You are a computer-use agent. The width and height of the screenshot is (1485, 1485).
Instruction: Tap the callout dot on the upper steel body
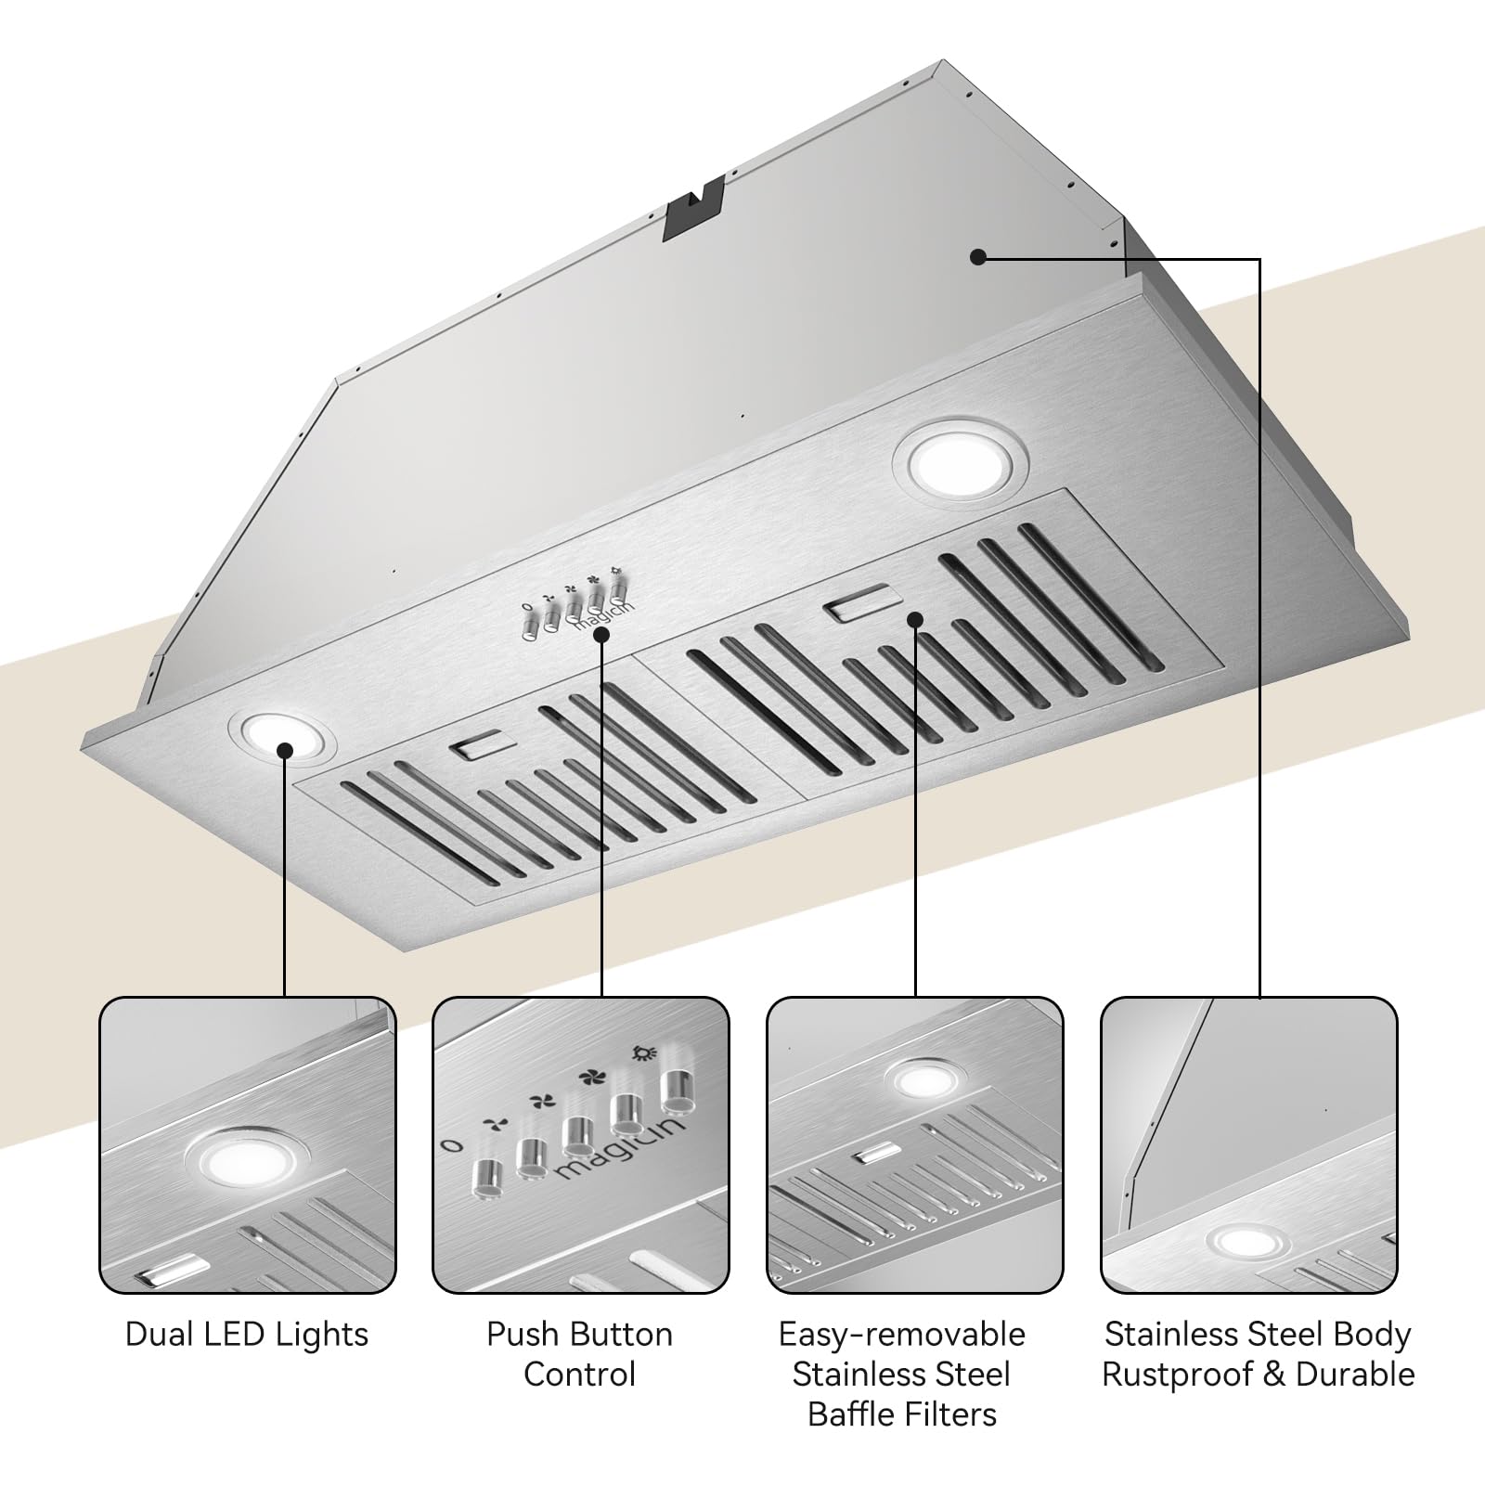tap(977, 257)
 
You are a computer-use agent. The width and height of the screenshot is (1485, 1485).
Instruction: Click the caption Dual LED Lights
tap(247, 1335)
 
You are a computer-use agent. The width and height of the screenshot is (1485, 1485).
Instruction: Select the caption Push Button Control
tap(580, 1354)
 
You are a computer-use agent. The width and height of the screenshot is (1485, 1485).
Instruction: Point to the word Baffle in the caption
tap(852, 1414)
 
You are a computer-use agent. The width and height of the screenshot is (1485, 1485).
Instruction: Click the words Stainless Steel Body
tap(1258, 1335)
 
